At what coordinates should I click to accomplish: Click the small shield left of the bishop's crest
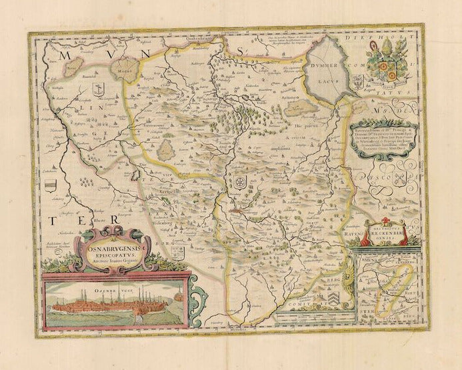coord(359,83)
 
